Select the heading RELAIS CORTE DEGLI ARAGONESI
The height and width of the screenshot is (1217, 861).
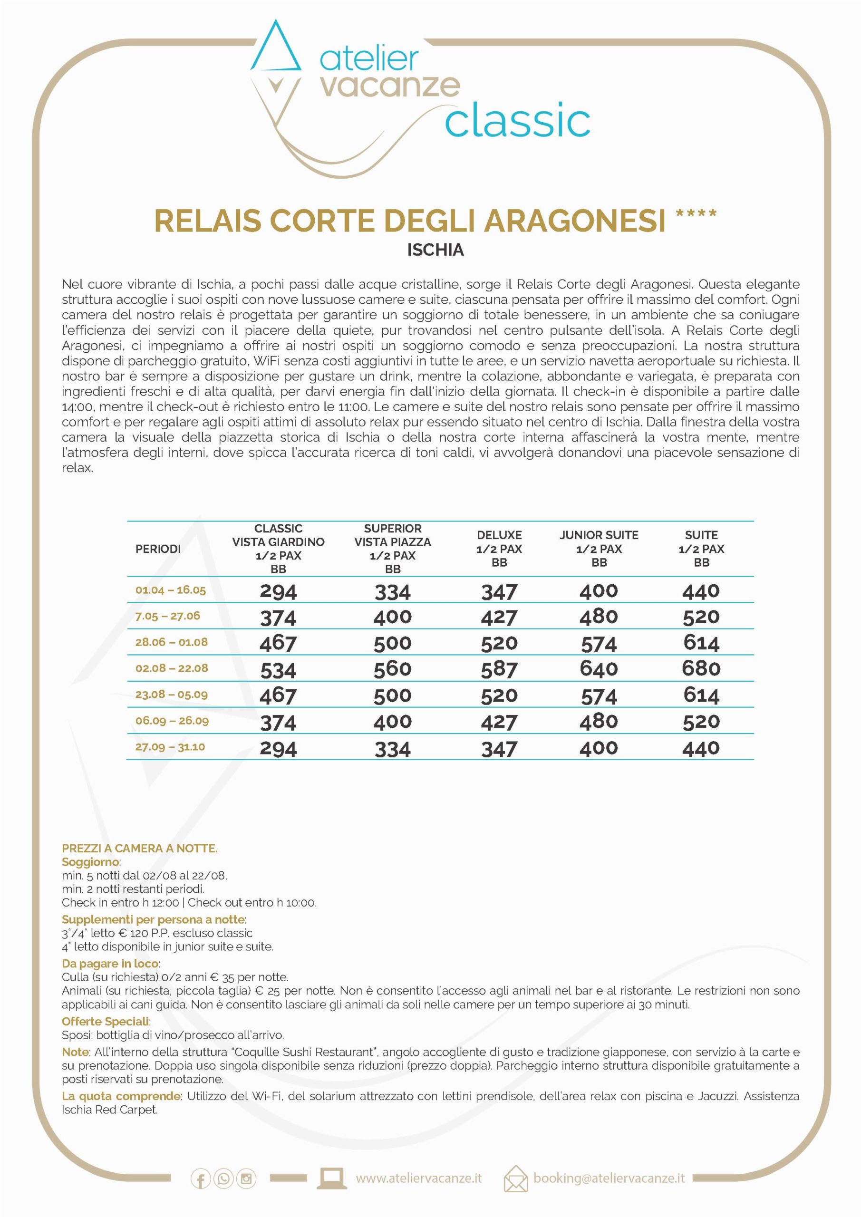click(409, 221)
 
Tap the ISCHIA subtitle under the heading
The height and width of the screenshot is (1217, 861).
click(435, 250)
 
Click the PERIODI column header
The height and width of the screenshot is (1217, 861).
click(158, 549)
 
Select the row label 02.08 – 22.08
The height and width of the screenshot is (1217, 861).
click(171, 668)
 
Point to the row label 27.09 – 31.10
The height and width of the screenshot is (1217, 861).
click(170, 747)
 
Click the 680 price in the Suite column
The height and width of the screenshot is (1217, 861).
click(701, 668)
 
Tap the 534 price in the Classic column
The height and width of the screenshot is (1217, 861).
click(278, 670)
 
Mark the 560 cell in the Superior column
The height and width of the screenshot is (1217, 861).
click(392, 669)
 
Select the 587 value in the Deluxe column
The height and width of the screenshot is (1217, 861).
click(499, 669)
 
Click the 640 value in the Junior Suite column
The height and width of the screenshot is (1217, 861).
click(599, 669)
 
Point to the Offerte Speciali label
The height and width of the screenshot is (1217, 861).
click(106, 1022)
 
